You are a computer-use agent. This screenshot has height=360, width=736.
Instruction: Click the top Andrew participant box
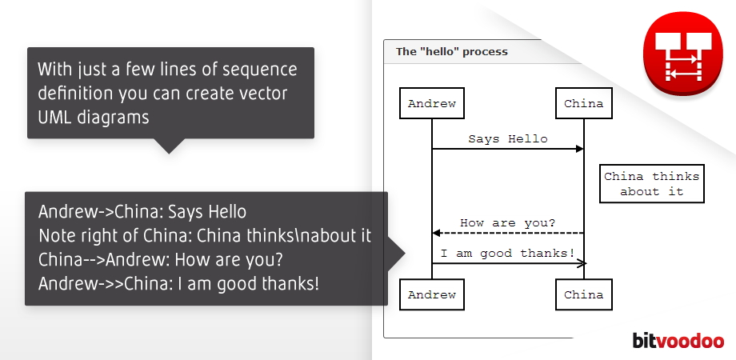[x=432, y=103]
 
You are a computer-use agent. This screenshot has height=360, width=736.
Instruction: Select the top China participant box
[x=583, y=103]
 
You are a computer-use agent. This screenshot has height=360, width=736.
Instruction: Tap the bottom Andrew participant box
[x=432, y=294]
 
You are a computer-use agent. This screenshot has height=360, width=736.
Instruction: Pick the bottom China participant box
[x=583, y=294]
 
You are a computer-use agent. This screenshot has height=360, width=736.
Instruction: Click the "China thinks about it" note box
[x=651, y=184]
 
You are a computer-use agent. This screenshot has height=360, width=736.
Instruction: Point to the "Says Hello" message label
[x=508, y=139]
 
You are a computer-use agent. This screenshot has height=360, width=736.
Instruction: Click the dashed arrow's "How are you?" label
[x=508, y=222]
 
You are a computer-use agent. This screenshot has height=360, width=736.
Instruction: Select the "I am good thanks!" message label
[x=508, y=254]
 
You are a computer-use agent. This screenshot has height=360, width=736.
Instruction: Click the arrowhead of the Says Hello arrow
[x=579, y=149]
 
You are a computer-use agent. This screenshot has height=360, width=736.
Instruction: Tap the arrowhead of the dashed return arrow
[x=437, y=233]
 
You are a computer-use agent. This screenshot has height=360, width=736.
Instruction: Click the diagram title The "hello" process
[x=452, y=52]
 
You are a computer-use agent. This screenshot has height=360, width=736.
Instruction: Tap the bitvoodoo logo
[x=678, y=340]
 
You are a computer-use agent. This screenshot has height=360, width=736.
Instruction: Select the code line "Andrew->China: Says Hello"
[x=142, y=213]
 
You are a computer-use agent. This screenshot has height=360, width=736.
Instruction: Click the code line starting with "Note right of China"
[x=205, y=236]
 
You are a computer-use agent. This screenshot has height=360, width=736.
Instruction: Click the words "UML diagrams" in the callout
[x=93, y=117]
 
